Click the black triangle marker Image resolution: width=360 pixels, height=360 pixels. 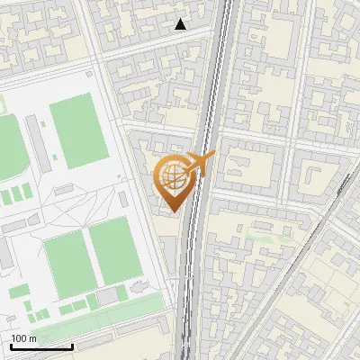click(181, 24)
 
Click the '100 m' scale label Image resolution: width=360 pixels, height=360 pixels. click(24, 338)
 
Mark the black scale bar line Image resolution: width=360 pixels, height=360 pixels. click(41, 346)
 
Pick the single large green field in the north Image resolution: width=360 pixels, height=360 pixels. click(79, 131)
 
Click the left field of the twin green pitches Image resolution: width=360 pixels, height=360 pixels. click(65, 262)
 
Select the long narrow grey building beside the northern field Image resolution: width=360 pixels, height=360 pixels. click(39, 144)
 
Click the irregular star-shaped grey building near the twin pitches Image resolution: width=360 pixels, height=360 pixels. click(138, 287)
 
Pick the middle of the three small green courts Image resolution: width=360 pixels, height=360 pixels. click(16, 193)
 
